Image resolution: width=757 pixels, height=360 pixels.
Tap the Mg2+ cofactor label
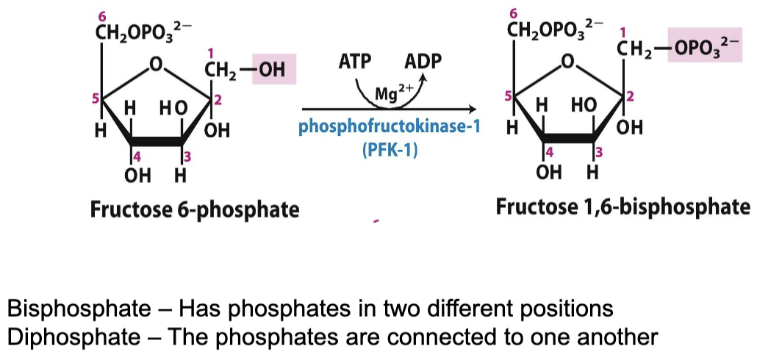click(390, 95)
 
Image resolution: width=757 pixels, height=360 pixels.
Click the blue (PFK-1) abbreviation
click(389, 147)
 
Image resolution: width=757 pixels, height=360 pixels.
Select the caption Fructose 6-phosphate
click(195, 209)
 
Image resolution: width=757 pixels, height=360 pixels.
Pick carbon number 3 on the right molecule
click(599, 152)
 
